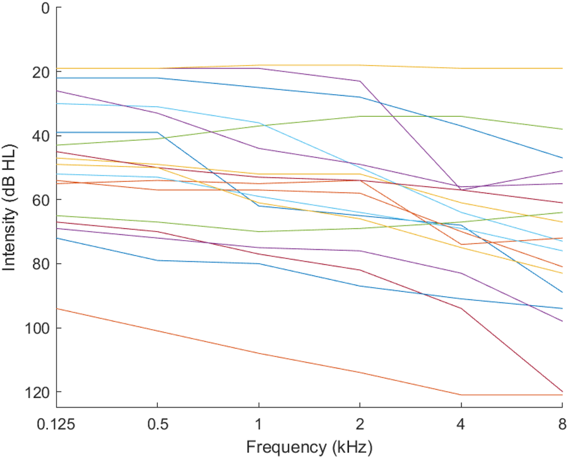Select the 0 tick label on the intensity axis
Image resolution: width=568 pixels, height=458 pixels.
pos(45,8)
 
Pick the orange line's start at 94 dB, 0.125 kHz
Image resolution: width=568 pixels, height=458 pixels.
pos(56,308)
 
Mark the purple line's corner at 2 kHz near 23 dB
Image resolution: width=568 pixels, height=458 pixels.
pos(360,81)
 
